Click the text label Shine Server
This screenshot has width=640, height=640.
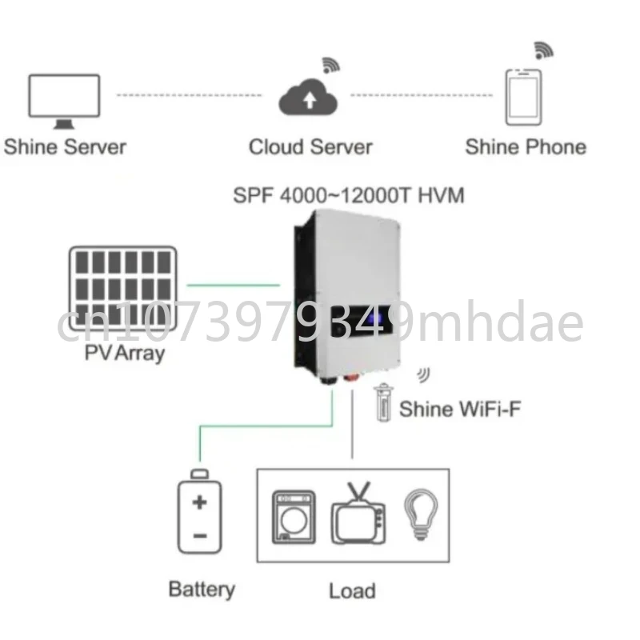click(x=65, y=147)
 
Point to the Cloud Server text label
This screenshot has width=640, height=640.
click(x=310, y=147)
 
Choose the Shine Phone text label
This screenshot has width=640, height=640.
click(x=525, y=147)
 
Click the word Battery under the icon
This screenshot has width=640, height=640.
click(x=202, y=590)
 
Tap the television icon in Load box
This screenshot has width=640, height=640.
click(x=359, y=514)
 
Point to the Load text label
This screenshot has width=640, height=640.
click(x=352, y=591)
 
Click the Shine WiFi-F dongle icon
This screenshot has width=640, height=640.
click(x=384, y=402)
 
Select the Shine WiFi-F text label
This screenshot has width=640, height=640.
click(x=460, y=410)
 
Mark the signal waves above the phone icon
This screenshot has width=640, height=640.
click(x=543, y=50)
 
